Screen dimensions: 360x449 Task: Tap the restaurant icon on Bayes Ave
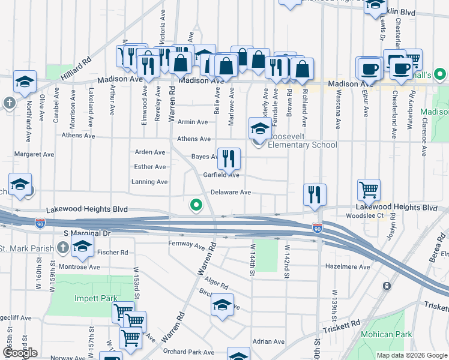click(229, 158)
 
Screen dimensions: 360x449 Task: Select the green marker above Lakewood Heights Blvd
click(196, 205)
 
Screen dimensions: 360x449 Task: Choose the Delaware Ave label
click(231, 193)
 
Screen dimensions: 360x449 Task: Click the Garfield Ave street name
click(221, 175)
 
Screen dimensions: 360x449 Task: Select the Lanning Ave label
click(149, 182)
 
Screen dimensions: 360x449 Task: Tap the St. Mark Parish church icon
click(63, 247)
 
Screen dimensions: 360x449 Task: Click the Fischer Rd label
click(116, 253)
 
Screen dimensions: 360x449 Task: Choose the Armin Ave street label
click(193, 122)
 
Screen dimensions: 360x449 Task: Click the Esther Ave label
click(151, 167)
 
